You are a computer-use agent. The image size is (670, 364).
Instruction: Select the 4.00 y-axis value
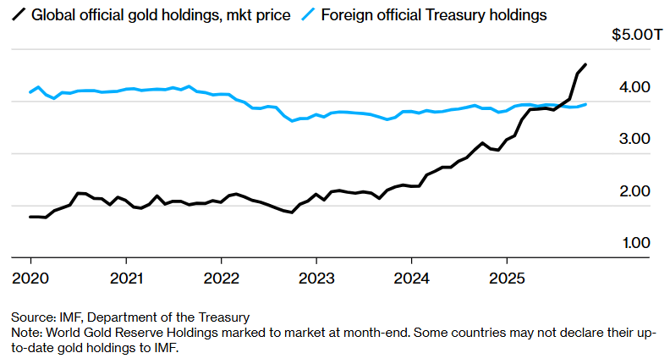635,87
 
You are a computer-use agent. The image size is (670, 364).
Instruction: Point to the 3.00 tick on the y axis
635,139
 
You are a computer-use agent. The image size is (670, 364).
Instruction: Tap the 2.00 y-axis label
635,191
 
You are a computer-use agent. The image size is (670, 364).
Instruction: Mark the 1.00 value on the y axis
635,243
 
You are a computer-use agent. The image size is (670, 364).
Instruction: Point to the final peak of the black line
586,64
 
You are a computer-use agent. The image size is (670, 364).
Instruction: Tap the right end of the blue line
587,103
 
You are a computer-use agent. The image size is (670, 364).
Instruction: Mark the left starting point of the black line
30,217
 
